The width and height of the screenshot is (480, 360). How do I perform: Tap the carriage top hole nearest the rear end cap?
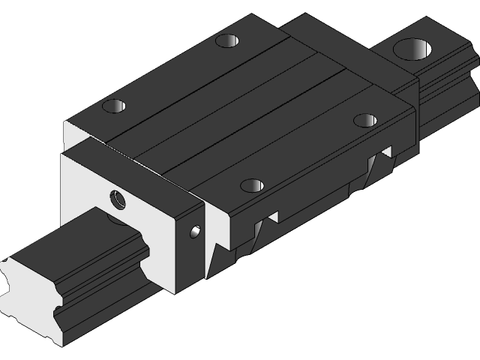(x=227, y=40)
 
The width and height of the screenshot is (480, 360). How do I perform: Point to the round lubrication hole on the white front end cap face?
(x=118, y=199)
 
